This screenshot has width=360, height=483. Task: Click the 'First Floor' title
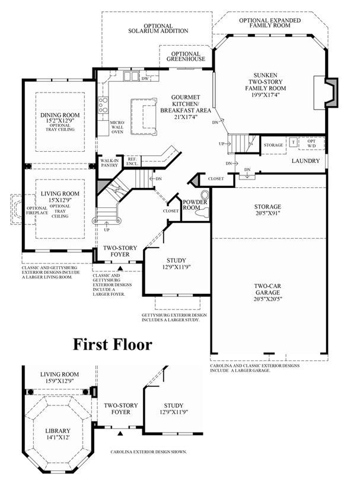point(113,344)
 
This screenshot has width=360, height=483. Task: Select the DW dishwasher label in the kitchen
point(145,79)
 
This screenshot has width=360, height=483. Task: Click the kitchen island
point(144,116)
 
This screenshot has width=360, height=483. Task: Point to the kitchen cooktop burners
point(103,105)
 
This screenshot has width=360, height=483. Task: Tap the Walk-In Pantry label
point(109,162)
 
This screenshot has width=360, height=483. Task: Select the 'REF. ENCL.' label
point(132,161)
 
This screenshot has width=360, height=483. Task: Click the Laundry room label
point(306,161)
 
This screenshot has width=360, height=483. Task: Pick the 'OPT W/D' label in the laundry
point(311,143)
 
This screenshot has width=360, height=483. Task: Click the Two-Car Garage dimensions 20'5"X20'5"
point(267,299)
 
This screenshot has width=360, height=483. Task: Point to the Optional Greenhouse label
point(186,56)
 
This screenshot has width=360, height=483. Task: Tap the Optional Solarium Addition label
point(158,28)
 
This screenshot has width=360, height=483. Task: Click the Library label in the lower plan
point(58,431)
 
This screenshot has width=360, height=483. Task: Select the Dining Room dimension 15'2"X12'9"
point(60,121)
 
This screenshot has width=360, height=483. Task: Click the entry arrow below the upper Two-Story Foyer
point(121,268)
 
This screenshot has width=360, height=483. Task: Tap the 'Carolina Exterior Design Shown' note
point(148,452)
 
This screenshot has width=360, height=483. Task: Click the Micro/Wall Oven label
point(117,127)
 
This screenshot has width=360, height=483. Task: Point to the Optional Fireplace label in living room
point(37,210)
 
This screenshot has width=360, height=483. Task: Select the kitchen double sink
point(131,76)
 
